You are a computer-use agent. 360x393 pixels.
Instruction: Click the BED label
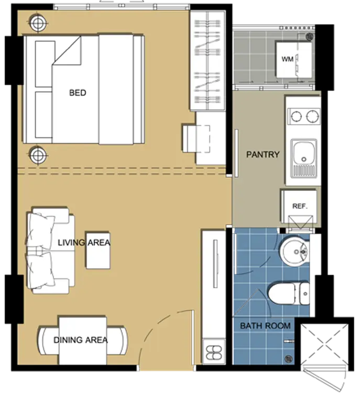coord(78,93)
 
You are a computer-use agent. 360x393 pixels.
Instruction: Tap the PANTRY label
coord(263,155)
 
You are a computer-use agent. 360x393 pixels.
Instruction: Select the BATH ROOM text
coord(266,326)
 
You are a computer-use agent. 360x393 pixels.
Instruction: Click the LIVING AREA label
coord(84,243)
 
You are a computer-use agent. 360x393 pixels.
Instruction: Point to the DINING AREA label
coord(81,340)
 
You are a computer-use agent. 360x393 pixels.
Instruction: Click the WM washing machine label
coord(288,59)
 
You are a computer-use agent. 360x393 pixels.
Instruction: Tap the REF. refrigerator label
coord(300,206)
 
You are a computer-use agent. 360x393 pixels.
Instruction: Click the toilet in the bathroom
coord(289,293)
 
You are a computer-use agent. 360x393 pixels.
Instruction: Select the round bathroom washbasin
coord(294,252)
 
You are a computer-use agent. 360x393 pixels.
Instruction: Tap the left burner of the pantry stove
coord(296,116)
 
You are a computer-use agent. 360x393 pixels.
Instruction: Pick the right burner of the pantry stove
coord(313,116)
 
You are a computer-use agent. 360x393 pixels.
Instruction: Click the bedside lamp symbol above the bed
coord(38,23)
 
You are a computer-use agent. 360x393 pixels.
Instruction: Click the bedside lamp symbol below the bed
coord(38,155)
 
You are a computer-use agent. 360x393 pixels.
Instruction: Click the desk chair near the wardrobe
coord(196,139)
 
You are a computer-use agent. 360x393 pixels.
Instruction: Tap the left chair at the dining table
coord(49,340)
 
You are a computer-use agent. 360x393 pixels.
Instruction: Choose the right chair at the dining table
coord(117,340)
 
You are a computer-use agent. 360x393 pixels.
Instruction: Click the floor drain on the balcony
coord(310,37)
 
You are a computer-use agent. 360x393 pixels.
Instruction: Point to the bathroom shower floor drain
coord(289,358)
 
